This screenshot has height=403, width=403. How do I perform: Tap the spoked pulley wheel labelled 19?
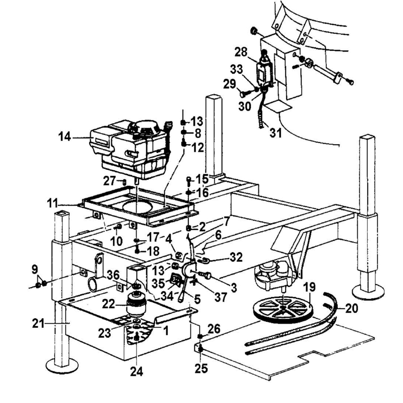click(x=283, y=308)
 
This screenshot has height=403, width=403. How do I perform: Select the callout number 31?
click(x=276, y=133)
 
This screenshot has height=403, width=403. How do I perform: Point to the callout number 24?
click(x=137, y=371)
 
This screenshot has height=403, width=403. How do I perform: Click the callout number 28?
click(x=241, y=52)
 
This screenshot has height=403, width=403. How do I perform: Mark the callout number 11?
click(x=53, y=204)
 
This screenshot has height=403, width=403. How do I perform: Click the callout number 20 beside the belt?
click(x=351, y=308)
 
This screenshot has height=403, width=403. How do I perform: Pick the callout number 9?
click(x=35, y=270)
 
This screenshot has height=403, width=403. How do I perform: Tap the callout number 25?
click(x=201, y=369)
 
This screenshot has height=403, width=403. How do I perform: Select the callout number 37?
click(x=221, y=297)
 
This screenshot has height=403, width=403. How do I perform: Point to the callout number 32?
click(x=236, y=257)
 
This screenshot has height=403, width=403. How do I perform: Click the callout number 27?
click(x=110, y=181)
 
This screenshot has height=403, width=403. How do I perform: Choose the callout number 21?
click(x=39, y=323)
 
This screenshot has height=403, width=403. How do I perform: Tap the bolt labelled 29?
click(x=246, y=94)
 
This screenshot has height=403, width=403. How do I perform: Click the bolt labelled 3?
click(x=207, y=276)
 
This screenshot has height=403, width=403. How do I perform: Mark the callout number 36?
click(x=113, y=275)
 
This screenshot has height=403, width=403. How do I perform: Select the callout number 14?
click(x=64, y=137)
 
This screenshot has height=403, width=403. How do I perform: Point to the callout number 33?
click(x=236, y=69)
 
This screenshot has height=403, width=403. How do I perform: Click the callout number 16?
click(x=203, y=193)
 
